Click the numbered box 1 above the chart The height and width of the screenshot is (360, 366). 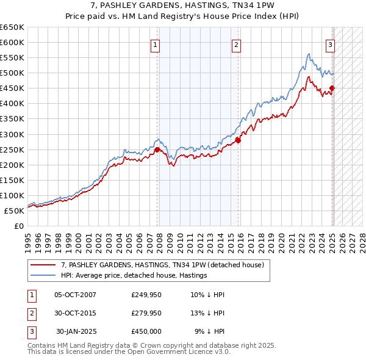coord(155,44)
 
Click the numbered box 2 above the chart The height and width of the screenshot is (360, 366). coord(236,44)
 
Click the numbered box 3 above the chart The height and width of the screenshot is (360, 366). coord(330,44)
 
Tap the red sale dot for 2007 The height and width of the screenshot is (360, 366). coord(157,149)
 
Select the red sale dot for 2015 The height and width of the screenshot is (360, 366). coord(239,140)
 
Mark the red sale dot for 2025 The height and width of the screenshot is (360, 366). coord(332,88)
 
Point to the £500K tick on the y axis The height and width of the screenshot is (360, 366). coord(12,73)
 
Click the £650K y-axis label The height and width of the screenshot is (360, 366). coord(12,27)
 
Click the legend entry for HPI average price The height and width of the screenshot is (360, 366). coord(134,275)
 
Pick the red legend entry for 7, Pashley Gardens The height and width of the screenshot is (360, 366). coord(162,265)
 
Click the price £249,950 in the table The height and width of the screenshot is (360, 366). coord(146,295)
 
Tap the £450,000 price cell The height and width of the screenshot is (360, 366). coord(146,331)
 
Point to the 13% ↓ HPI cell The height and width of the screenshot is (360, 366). coord(207,313)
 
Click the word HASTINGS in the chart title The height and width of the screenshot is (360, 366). coord(213,6)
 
